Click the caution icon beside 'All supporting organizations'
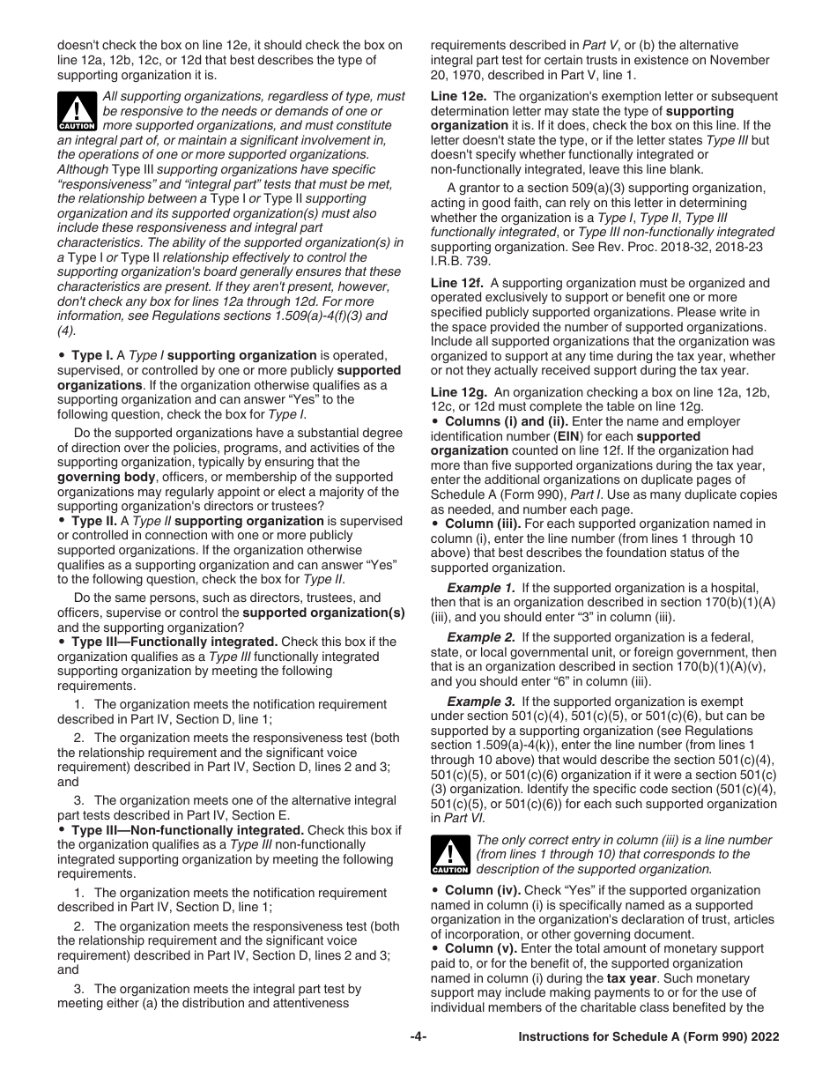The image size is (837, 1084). [x=76, y=111]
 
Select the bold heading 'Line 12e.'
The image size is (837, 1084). [x=457, y=96]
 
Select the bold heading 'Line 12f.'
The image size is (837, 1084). [x=456, y=283]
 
